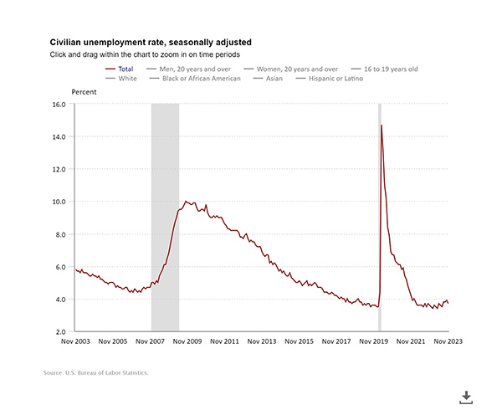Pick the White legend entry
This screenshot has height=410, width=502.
(125, 79)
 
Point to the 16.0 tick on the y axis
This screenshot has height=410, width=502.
(58, 105)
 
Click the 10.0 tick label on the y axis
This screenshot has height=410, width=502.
(58, 202)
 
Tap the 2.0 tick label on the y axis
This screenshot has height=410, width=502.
(59, 331)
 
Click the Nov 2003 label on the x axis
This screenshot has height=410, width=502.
(76, 341)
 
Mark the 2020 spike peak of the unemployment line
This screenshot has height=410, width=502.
(382, 126)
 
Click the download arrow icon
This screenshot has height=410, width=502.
(467, 396)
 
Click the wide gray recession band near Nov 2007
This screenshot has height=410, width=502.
(165, 218)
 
